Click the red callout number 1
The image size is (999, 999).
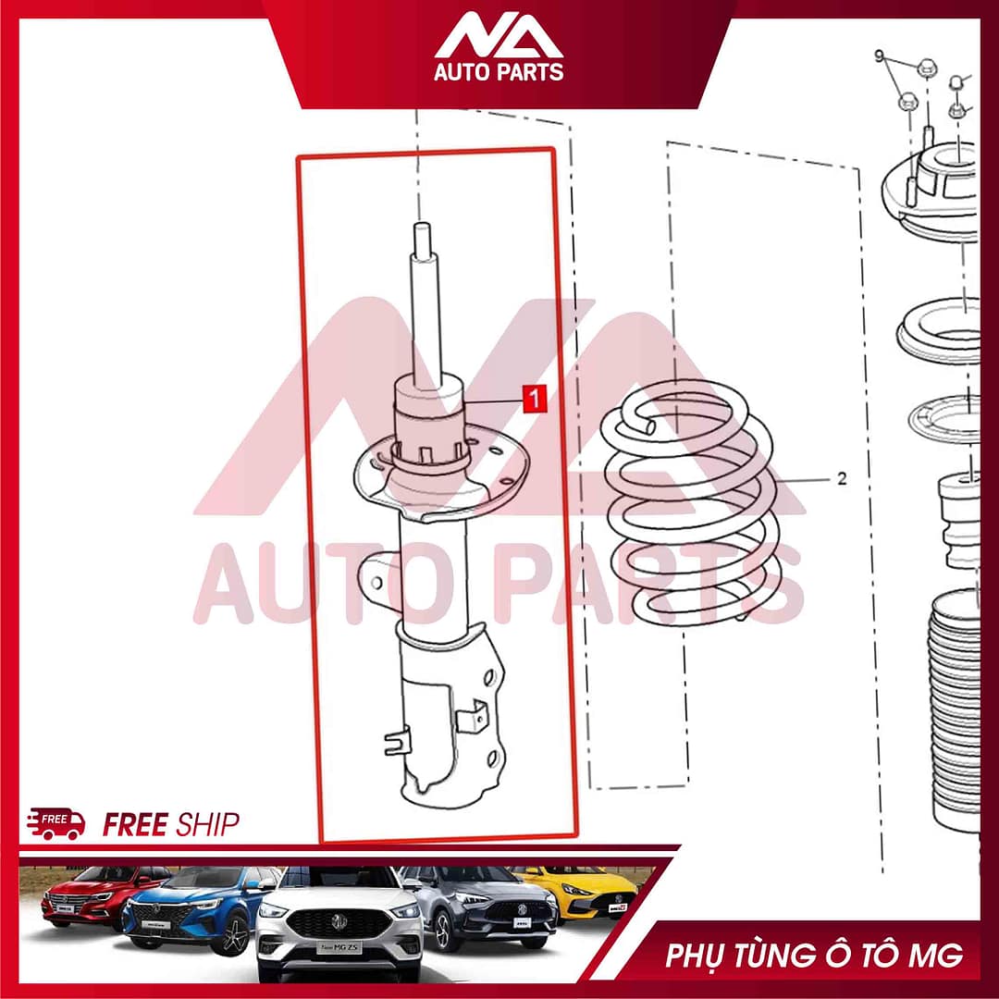tap(535, 398)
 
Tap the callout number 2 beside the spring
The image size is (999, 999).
tap(842, 478)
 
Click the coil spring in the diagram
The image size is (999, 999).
tap(690, 503)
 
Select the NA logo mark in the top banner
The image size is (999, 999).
tap(499, 36)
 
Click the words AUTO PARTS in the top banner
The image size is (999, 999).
tap(499, 71)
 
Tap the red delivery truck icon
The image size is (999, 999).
tap(56, 823)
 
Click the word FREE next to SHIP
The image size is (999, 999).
tap(135, 824)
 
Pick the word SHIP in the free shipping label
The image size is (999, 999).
tap(207, 824)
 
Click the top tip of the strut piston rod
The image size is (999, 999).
tap(422, 224)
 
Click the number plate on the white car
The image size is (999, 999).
tap(339, 947)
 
